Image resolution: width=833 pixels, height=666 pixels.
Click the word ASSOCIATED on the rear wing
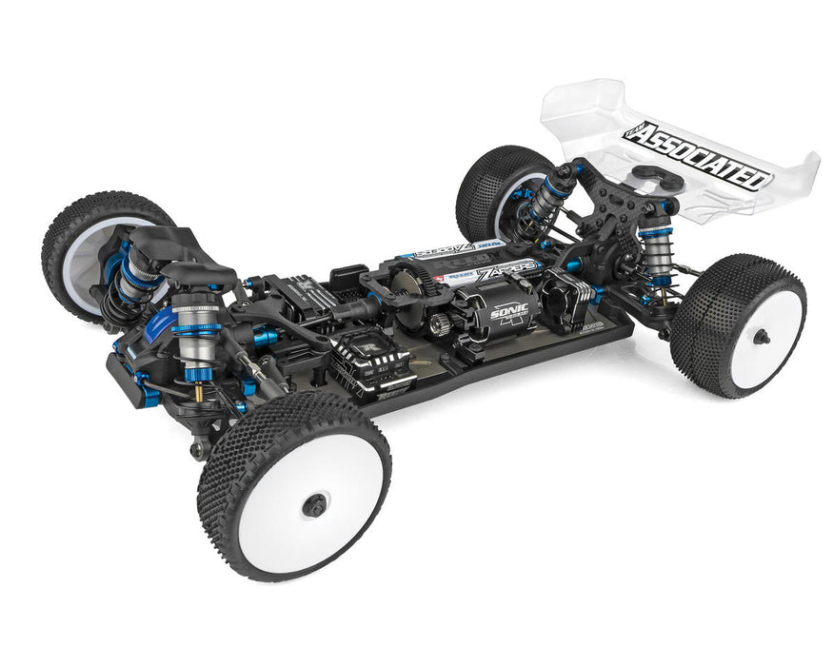(700, 157)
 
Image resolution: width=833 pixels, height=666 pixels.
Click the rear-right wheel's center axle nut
(761, 336)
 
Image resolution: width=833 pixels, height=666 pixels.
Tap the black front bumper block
(134, 385)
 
